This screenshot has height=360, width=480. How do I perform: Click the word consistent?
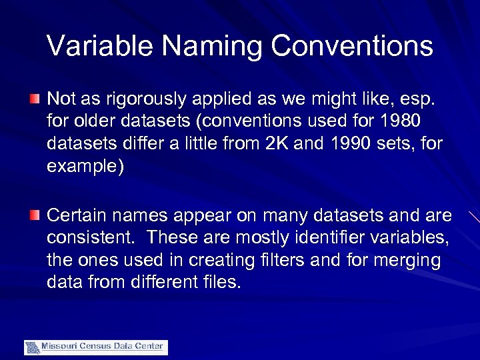pos(93,238)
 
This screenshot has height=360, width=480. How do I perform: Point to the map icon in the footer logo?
pos(32,347)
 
